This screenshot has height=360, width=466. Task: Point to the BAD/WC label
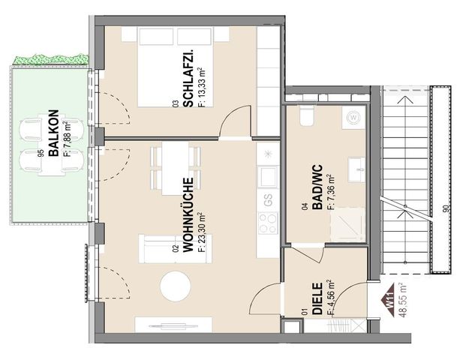coord(317,187)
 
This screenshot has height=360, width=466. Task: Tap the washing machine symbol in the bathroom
coord(353,118)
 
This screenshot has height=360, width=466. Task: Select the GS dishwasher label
coord(268,199)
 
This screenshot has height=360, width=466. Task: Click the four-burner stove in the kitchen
coord(268,223)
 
